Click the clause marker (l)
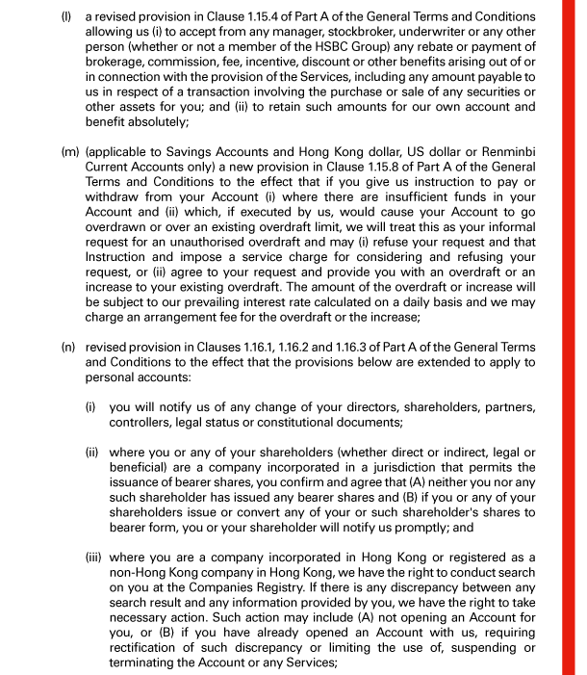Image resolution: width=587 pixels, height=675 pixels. tap(65, 17)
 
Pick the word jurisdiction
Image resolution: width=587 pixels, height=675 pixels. tap(386, 468)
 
